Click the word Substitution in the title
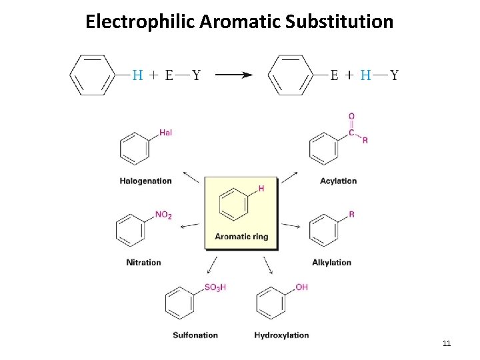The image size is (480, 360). (x=339, y=22)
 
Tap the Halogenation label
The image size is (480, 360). (x=145, y=181)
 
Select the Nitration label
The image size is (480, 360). (x=143, y=262)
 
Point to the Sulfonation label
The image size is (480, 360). (x=195, y=335)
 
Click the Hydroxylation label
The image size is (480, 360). (x=281, y=335)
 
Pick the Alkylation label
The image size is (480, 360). (x=331, y=262)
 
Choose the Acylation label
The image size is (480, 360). (x=338, y=181)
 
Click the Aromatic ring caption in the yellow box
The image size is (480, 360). (x=241, y=236)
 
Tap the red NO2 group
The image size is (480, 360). (x=163, y=215)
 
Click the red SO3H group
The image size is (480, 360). (x=215, y=287)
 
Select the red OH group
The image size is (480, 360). (x=301, y=287)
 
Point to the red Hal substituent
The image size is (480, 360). (x=165, y=133)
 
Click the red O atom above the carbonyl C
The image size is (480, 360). (x=351, y=117)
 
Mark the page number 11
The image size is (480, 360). (x=447, y=343)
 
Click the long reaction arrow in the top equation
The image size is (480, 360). (x=233, y=75)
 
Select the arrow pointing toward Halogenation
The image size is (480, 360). (x=191, y=177)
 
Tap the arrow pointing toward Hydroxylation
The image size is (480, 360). (x=268, y=265)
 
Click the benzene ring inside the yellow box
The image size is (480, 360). (x=233, y=203)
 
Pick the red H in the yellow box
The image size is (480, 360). (x=261, y=189)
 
